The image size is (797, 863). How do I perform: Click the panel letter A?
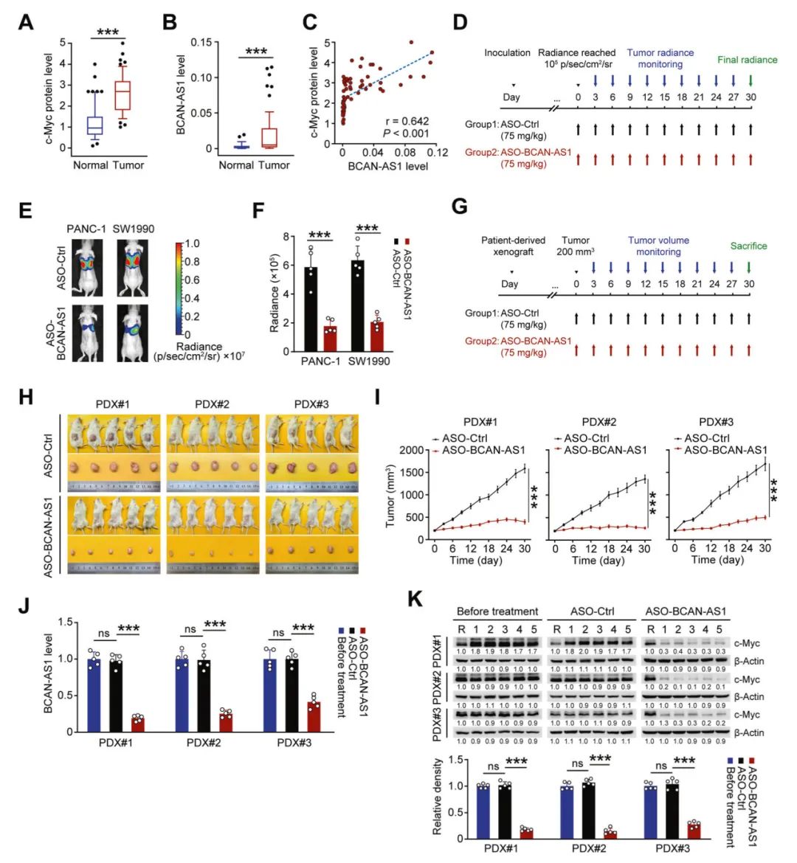pyautogui.click(x=26, y=22)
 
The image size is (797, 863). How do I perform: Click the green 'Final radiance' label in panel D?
pyautogui.click(x=747, y=60)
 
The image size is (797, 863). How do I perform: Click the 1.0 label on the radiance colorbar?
pyautogui.click(x=192, y=243)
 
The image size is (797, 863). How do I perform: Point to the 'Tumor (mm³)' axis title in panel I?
pyautogui.click(x=391, y=495)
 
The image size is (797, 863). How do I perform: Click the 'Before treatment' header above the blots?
pyautogui.click(x=497, y=611)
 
